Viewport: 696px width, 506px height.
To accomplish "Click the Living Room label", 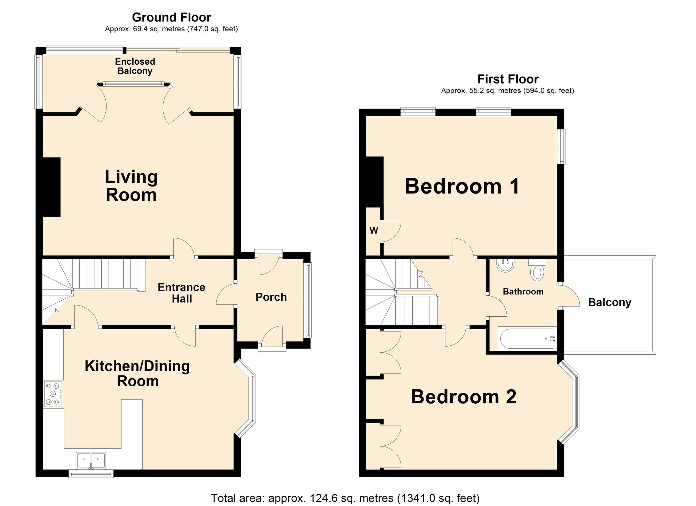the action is point(131,185).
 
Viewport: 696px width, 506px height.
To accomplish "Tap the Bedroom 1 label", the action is point(462,186).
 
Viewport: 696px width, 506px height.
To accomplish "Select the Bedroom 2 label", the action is point(464,396).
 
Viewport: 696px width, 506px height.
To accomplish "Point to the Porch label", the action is point(271,297).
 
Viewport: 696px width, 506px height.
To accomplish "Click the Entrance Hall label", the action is point(181,293).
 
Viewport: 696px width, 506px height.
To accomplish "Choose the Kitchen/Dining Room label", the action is point(137,373).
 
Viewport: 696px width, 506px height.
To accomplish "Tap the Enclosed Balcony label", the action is point(135,66).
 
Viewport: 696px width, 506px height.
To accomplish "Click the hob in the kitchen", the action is point(53,394).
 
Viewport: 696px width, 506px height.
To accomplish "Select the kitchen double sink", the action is point(91,461).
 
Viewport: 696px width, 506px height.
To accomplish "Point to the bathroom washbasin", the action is point(505,266).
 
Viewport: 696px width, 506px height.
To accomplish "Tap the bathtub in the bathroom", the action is point(526,339).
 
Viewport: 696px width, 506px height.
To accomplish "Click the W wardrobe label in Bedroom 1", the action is point(374,230).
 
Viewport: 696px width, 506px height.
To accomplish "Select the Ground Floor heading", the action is point(172,17).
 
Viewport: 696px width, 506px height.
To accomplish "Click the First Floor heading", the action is point(508,79).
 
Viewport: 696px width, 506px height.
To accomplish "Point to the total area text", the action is point(345,498).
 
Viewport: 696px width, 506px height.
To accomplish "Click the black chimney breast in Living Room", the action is point(52,187).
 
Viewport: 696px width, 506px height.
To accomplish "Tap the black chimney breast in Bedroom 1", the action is point(375,180).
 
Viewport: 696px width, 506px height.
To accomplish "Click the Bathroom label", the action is point(523,291).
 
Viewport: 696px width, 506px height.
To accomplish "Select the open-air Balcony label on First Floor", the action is point(610,302).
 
